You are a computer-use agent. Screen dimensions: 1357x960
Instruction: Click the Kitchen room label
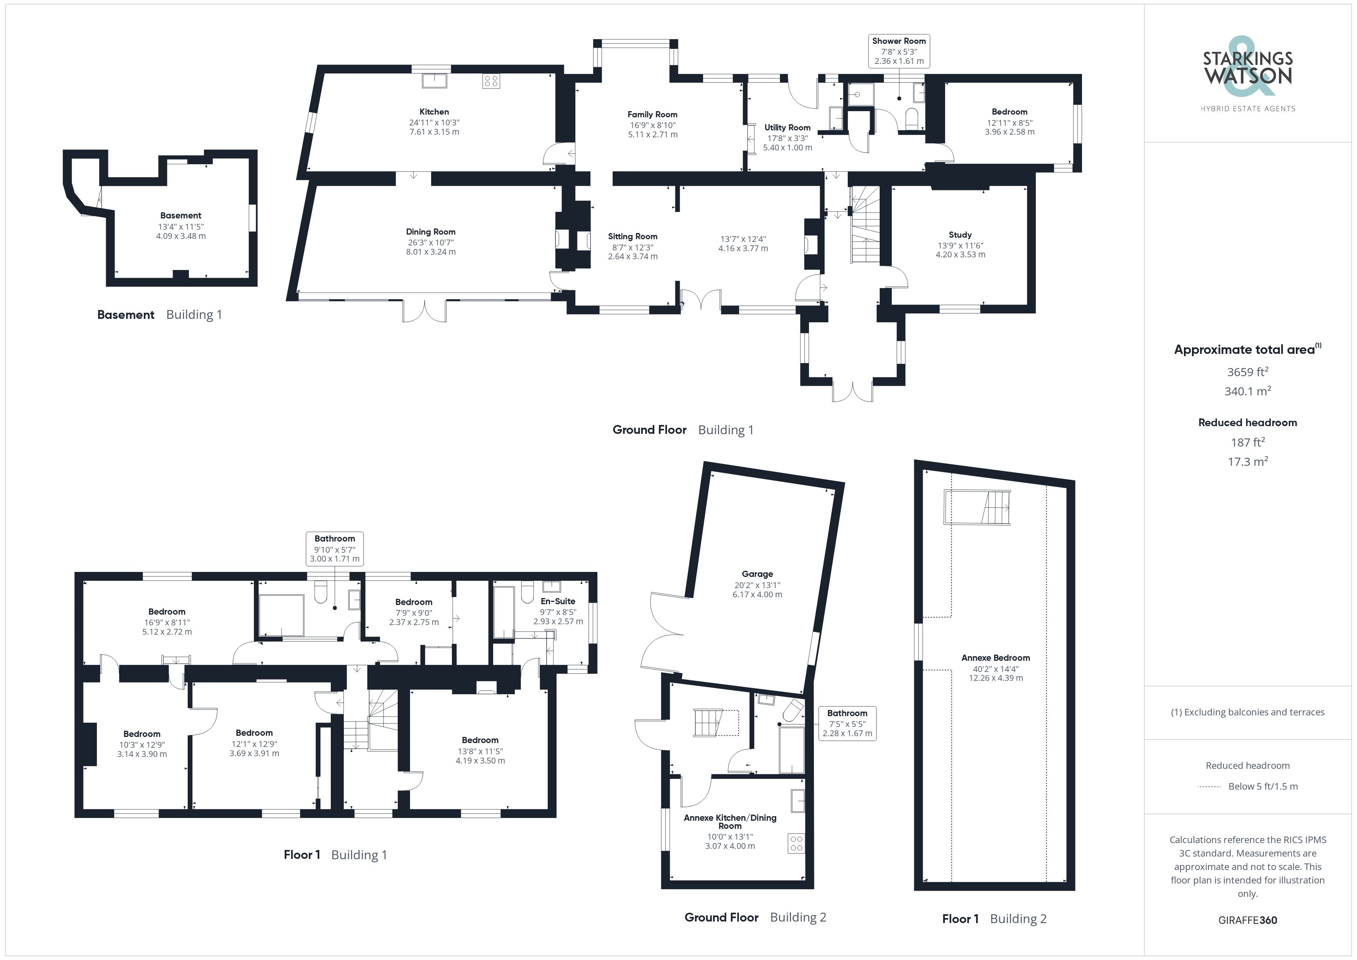(434, 112)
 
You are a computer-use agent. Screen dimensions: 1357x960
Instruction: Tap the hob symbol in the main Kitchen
(491, 81)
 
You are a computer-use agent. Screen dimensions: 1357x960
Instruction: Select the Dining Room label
(430, 232)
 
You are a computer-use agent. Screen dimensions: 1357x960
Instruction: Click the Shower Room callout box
(899, 51)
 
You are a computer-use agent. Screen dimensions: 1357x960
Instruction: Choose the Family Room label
(652, 115)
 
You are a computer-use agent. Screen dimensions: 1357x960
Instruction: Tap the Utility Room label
(787, 128)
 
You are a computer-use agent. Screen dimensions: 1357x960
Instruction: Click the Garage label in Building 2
(757, 574)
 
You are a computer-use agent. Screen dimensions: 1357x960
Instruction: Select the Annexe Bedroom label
(995, 658)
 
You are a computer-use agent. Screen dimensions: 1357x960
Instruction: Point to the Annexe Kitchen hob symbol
(796, 843)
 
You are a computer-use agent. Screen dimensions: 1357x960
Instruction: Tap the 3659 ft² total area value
(1248, 372)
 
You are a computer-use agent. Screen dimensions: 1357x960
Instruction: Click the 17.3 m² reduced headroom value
(1248, 462)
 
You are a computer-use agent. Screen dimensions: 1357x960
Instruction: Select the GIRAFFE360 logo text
(1248, 920)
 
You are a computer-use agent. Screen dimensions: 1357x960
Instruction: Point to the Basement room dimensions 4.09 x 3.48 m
(181, 236)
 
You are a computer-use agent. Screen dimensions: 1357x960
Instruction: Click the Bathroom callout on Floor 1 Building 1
(335, 548)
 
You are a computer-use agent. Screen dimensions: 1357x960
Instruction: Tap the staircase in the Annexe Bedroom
(978, 507)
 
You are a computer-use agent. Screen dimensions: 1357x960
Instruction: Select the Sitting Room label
(632, 237)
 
